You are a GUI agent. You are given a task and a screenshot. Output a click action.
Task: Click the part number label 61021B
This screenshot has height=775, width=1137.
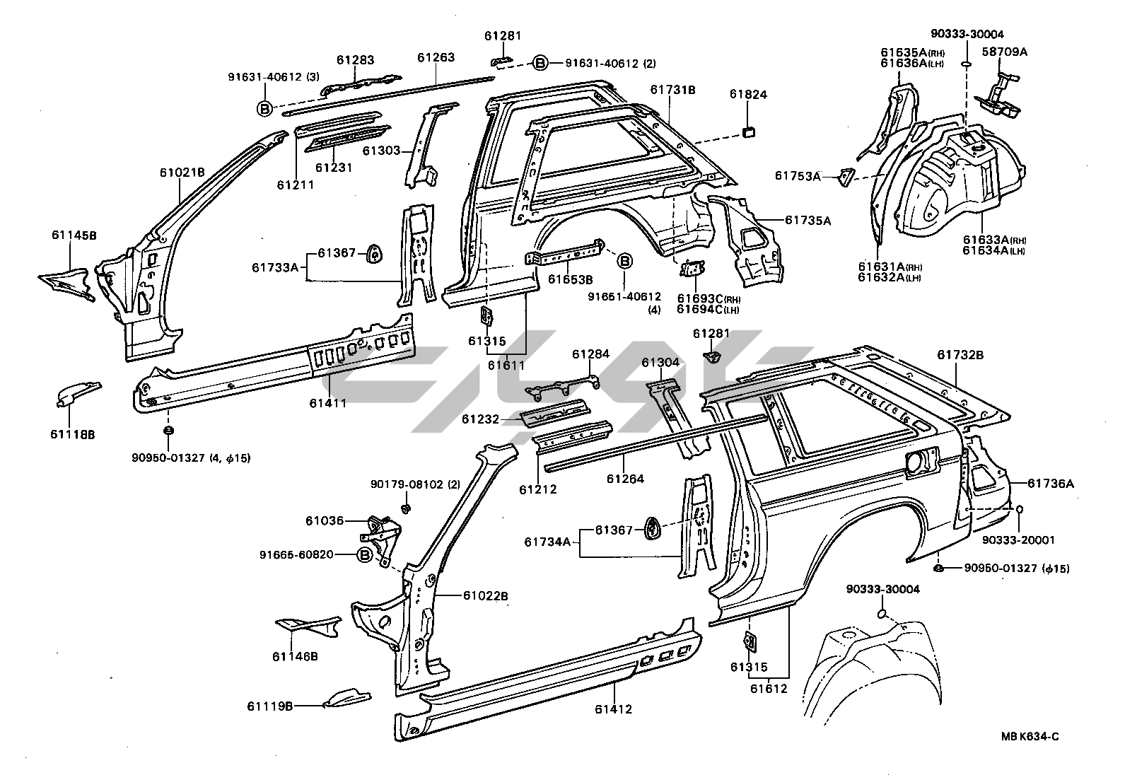(x=182, y=172)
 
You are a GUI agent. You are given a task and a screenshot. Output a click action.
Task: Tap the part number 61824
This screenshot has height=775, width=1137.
(x=748, y=94)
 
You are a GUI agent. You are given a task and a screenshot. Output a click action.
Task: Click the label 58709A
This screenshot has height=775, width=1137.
(x=1005, y=52)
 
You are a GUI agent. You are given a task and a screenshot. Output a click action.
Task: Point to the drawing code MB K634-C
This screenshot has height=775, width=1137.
(x=1030, y=737)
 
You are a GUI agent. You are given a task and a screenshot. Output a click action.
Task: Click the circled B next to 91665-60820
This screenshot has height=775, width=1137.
(x=364, y=555)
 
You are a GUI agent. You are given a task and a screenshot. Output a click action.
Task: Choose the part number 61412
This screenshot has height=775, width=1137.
(x=613, y=709)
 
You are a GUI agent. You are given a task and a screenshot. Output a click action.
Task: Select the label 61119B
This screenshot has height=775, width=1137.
(x=270, y=706)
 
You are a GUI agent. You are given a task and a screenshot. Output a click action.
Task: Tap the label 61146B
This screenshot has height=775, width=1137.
(x=295, y=656)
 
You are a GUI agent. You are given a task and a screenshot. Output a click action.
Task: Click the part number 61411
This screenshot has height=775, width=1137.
(x=327, y=403)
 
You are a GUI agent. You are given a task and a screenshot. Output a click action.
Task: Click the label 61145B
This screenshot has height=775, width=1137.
(x=74, y=235)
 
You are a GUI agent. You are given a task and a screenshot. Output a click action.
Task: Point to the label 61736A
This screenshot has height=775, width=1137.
(x=1051, y=484)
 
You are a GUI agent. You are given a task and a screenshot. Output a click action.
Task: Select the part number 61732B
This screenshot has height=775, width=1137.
(x=960, y=355)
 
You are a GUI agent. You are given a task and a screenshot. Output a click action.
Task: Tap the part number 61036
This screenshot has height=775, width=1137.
(x=325, y=521)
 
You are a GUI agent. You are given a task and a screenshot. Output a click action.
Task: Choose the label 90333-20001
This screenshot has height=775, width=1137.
(x=1018, y=540)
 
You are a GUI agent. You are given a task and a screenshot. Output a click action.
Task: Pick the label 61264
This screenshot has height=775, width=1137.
(x=625, y=479)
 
